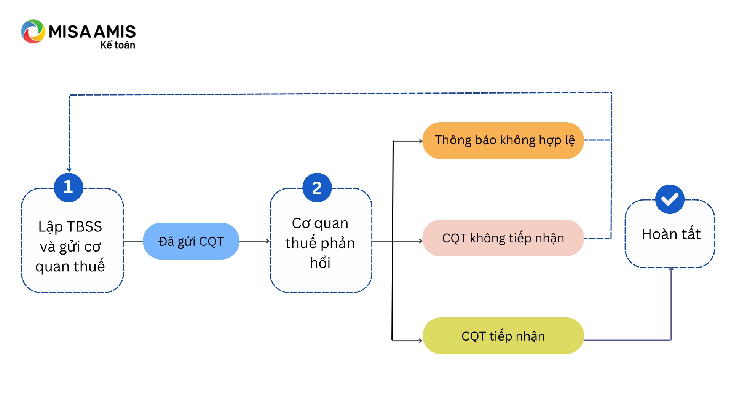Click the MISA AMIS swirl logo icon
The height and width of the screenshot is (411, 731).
[33, 32]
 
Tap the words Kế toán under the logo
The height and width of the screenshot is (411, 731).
[118, 45]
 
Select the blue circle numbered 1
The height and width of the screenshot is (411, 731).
[69, 187]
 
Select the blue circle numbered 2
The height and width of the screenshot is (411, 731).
[317, 188]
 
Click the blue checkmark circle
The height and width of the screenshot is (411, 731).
[670, 199]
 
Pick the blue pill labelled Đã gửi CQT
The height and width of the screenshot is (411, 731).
[191, 241]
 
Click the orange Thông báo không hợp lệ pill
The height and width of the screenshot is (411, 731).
[503, 140]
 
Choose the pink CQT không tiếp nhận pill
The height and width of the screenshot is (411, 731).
[503, 238]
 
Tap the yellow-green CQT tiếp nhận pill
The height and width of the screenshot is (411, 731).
[503, 336]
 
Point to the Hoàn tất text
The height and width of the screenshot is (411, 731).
[671, 234]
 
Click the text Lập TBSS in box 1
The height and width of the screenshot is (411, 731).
[70, 227]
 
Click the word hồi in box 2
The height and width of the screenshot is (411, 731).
[320, 263]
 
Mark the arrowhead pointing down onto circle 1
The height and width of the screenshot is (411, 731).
[69, 170]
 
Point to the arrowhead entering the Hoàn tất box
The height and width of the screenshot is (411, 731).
[671, 269]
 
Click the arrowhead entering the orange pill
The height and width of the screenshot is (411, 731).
[420, 142]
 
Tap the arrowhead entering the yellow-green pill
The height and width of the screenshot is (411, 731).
[420, 341]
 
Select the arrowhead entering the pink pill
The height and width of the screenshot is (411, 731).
[420, 241]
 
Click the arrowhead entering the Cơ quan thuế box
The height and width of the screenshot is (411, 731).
[268, 241]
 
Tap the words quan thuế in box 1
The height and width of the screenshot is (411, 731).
[70, 266]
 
